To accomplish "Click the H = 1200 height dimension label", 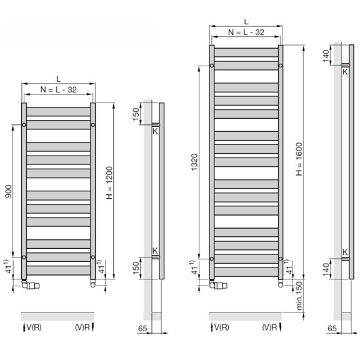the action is click(x=109, y=182).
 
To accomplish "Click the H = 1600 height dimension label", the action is click(x=299, y=159).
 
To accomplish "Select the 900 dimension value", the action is click(x=9, y=191).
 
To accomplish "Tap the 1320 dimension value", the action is click(x=194, y=162).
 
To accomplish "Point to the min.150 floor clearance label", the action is click(x=299, y=296).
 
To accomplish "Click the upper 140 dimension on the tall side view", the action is click(x=326, y=56).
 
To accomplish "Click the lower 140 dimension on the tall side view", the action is click(x=326, y=269).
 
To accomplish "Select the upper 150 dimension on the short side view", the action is click(x=136, y=114).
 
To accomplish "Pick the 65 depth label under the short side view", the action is click(x=142, y=328).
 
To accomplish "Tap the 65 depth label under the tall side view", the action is click(x=332, y=328).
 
